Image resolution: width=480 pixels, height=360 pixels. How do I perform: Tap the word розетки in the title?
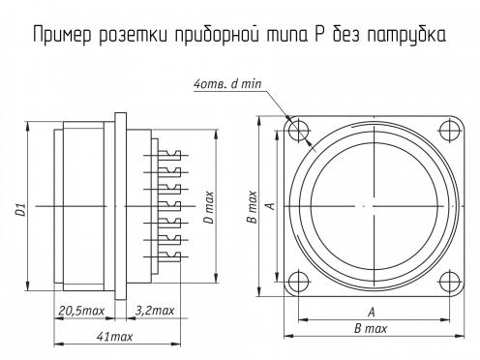click(134, 35)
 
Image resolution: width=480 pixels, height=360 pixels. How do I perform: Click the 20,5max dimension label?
click(81, 311)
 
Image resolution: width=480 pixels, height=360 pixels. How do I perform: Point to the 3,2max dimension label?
click(155, 311)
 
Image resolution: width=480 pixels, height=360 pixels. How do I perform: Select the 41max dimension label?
click(114, 337)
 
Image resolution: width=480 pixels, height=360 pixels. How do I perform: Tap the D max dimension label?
click(210, 207)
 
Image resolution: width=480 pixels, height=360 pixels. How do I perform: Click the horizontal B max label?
click(371, 329)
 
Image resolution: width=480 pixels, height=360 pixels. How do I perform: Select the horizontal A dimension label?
click(372, 313)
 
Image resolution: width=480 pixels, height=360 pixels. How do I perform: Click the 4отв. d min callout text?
click(227, 84)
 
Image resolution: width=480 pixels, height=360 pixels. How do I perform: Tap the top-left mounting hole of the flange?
click(298, 131)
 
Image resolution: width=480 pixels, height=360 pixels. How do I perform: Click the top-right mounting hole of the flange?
click(450, 131)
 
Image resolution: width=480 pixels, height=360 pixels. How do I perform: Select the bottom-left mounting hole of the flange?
click(298, 282)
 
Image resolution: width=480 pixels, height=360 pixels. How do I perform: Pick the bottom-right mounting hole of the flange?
click(450, 282)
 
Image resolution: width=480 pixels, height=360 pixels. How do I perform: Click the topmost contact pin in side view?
click(165, 155)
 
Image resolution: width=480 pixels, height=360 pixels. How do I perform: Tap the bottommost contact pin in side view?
click(165, 256)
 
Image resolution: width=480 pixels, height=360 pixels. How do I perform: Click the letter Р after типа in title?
click(318, 35)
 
